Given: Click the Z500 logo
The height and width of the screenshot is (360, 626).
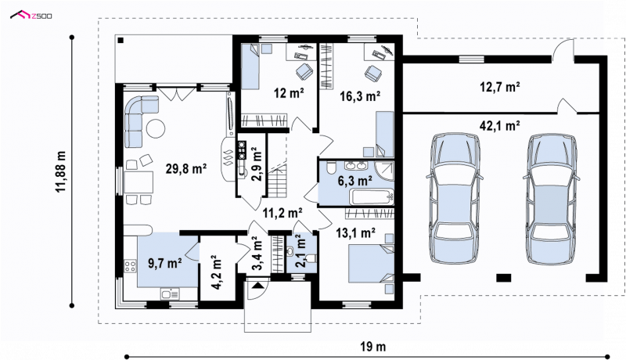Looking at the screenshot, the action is pyautogui.click(x=31, y=16).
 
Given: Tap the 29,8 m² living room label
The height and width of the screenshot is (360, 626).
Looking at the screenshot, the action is pyautogui.click(x=186, y=169).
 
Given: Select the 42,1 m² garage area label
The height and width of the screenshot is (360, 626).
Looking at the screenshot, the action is pyautogui.click(x=499, y=126).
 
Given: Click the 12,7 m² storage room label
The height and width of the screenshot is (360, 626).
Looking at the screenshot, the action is pyautogui.click(x=499, y=87).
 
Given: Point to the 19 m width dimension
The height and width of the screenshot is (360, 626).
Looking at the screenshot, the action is pyautogui.click(x=373, y=347).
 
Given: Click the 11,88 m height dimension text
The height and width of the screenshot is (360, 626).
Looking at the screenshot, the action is pyautogui.click(x=61, y=171).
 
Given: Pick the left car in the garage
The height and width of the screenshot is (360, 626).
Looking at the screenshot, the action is pyautogui.click(x=455, y=198).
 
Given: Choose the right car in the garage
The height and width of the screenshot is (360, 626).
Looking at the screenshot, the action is pyautogui.click(x=552, y=198).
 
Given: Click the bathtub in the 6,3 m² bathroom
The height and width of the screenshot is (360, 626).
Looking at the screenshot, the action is pyautogui.click(x=372, y=196).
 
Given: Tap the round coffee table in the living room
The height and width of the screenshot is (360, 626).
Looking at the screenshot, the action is pyautogui.click(x=155, y=128).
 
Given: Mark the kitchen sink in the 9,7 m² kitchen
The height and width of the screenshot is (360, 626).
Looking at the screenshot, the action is pyautogui.click(x=170, y=293).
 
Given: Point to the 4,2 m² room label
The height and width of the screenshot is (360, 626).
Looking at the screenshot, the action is pyautogui.click(x=216, y=272).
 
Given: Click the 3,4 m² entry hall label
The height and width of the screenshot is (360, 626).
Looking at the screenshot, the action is pyautogui.click(x=257, y=253).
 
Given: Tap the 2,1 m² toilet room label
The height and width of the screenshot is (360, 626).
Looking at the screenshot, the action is pyautogui.click(x=300, y=250).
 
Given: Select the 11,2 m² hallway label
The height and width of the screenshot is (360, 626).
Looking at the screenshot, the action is pyautogui.click(x=282, y=213).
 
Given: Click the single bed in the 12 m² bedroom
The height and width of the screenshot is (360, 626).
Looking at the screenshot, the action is pyautogui.click(x=250, y=67).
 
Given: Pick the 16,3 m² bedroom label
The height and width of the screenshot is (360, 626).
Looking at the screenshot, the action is pyautogui.click(x=360, y=95).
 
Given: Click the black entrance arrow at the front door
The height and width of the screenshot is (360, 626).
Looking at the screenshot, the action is pyautogui.click(x=257, y=286).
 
